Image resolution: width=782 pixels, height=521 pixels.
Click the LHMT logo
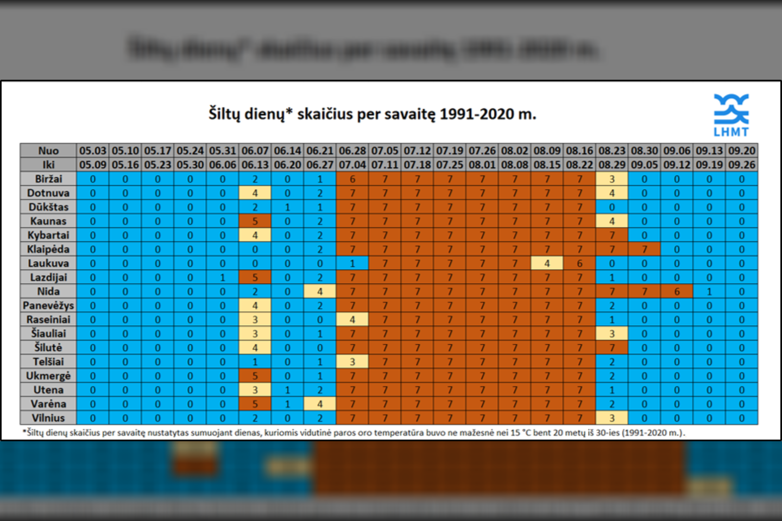pos(731,115)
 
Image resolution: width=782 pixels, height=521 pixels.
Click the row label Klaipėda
pos(48,249)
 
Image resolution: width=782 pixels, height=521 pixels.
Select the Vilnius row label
pos(48,418)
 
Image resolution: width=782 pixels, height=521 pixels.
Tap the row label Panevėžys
pos(48,306)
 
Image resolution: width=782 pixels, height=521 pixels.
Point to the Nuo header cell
pos(48,150)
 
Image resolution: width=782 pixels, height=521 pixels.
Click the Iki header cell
pos(48,164)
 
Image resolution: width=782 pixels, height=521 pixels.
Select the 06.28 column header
pos(352,150)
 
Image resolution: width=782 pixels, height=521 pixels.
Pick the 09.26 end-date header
pos(742,164)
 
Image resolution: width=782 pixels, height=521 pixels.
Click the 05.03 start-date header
pos(93,150)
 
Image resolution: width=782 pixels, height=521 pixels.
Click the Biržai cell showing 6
pos(352,179)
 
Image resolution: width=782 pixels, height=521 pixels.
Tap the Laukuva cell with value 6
pos(579,263)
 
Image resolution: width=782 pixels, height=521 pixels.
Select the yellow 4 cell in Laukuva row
pos(547,263)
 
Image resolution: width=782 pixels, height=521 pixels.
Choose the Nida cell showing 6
pos(677,291)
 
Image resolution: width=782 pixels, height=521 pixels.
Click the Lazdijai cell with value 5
pos(255,277)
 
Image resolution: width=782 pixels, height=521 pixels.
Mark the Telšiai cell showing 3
pos(352,361)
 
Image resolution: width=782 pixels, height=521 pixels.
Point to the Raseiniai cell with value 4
pos(352,320)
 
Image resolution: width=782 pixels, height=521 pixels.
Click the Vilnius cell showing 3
pos(611,418)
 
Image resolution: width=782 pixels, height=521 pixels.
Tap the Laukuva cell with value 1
pos(352,263)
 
